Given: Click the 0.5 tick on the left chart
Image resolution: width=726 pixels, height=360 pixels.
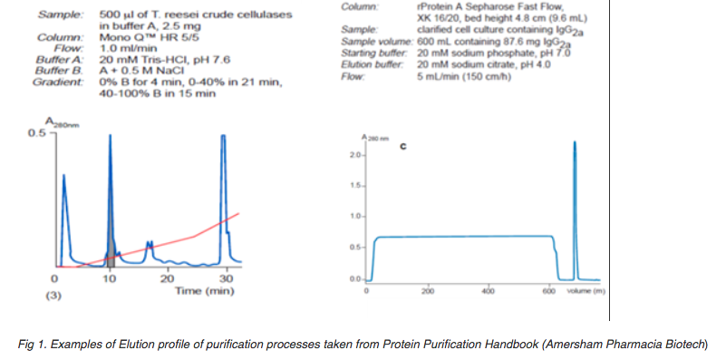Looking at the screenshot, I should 37,134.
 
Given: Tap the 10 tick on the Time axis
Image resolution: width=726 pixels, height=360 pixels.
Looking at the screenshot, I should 111,278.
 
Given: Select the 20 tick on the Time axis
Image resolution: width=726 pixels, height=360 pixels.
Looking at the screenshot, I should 169,278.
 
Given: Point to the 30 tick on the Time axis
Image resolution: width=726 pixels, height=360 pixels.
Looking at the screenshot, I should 226,278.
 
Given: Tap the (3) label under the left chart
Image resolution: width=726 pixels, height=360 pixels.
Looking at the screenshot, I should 54,296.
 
